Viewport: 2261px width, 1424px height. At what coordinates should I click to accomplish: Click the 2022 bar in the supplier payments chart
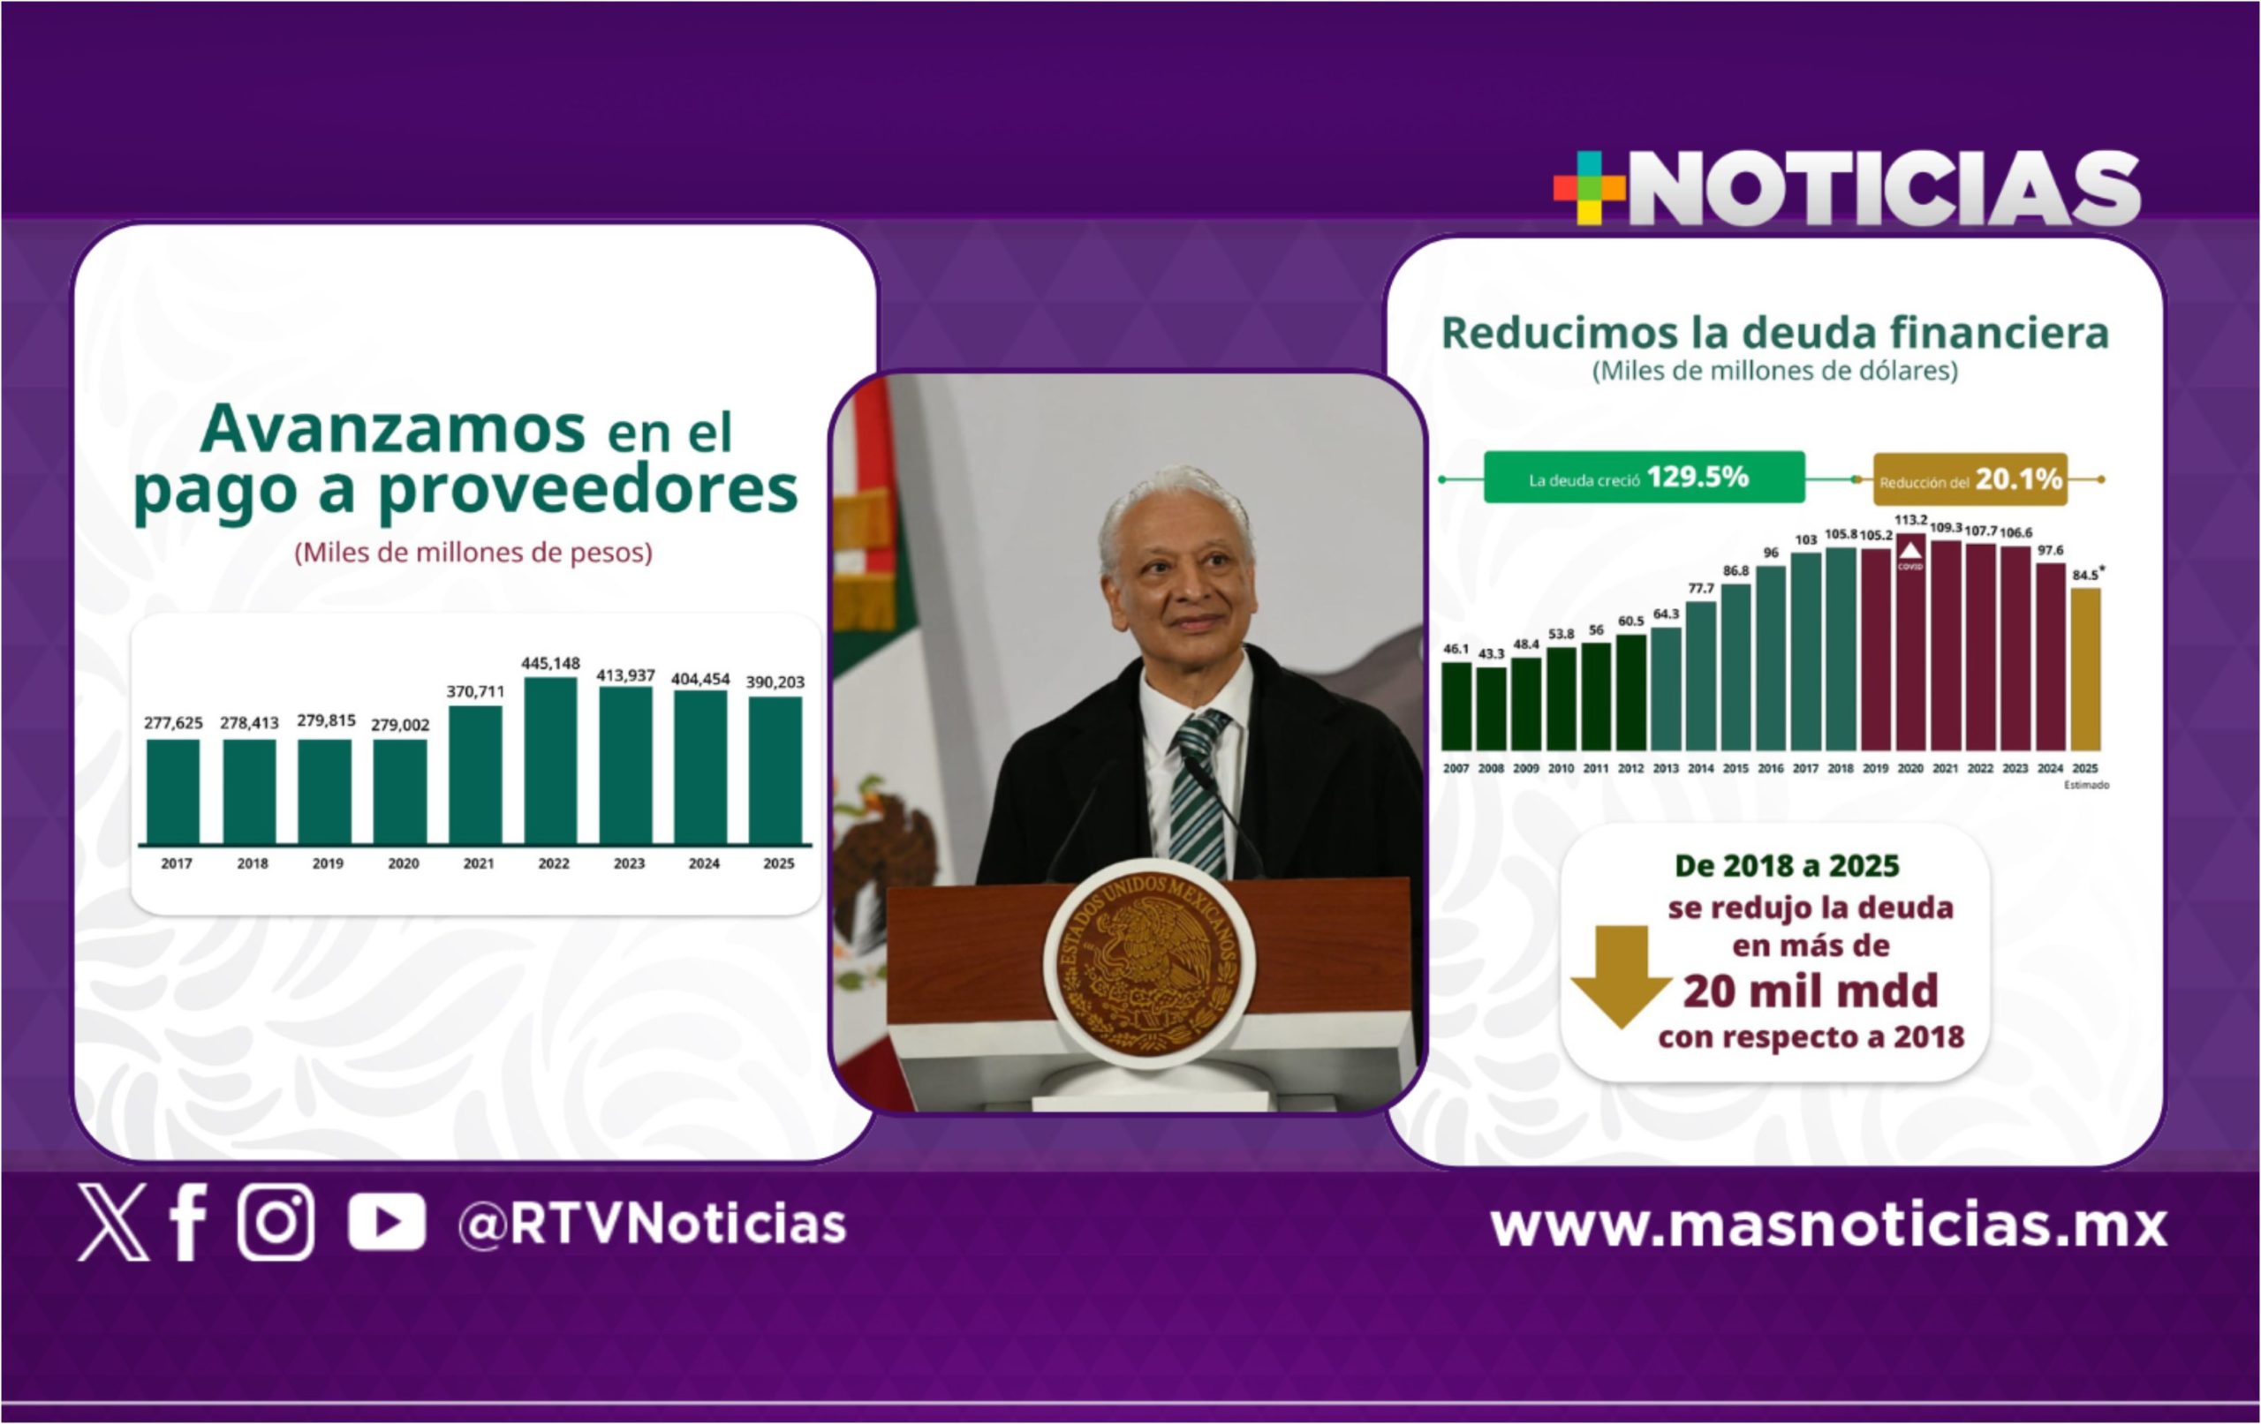[550, 760]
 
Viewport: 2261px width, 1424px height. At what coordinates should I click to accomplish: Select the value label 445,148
[550, 664]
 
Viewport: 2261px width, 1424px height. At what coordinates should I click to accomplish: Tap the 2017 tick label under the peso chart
[177, 863]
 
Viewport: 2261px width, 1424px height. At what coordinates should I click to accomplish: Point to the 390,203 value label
[775, 682]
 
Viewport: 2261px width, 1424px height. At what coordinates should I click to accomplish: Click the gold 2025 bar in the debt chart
[2085, 669]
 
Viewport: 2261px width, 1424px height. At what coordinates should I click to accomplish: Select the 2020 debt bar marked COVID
[1910, 642]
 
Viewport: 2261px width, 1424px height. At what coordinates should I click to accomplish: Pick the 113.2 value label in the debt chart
[1910, 520]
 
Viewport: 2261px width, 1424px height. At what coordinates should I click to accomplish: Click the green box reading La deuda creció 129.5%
[1645, 478]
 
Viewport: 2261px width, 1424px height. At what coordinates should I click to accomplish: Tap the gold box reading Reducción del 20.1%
[1970, 479]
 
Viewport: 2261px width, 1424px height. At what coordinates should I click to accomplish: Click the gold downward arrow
[1622, 976]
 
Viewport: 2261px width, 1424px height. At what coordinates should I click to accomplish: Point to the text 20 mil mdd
[1811, 991]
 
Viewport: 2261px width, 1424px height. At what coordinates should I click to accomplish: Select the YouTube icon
[386, 1223]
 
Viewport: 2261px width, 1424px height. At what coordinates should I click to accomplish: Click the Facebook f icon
[188, 1221]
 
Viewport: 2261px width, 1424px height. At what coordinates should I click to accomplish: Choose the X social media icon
[113, 1221]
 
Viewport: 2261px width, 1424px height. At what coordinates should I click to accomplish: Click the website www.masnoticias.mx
[1828, 1225]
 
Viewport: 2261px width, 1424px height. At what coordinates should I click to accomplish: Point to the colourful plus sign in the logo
[1589, 188]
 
